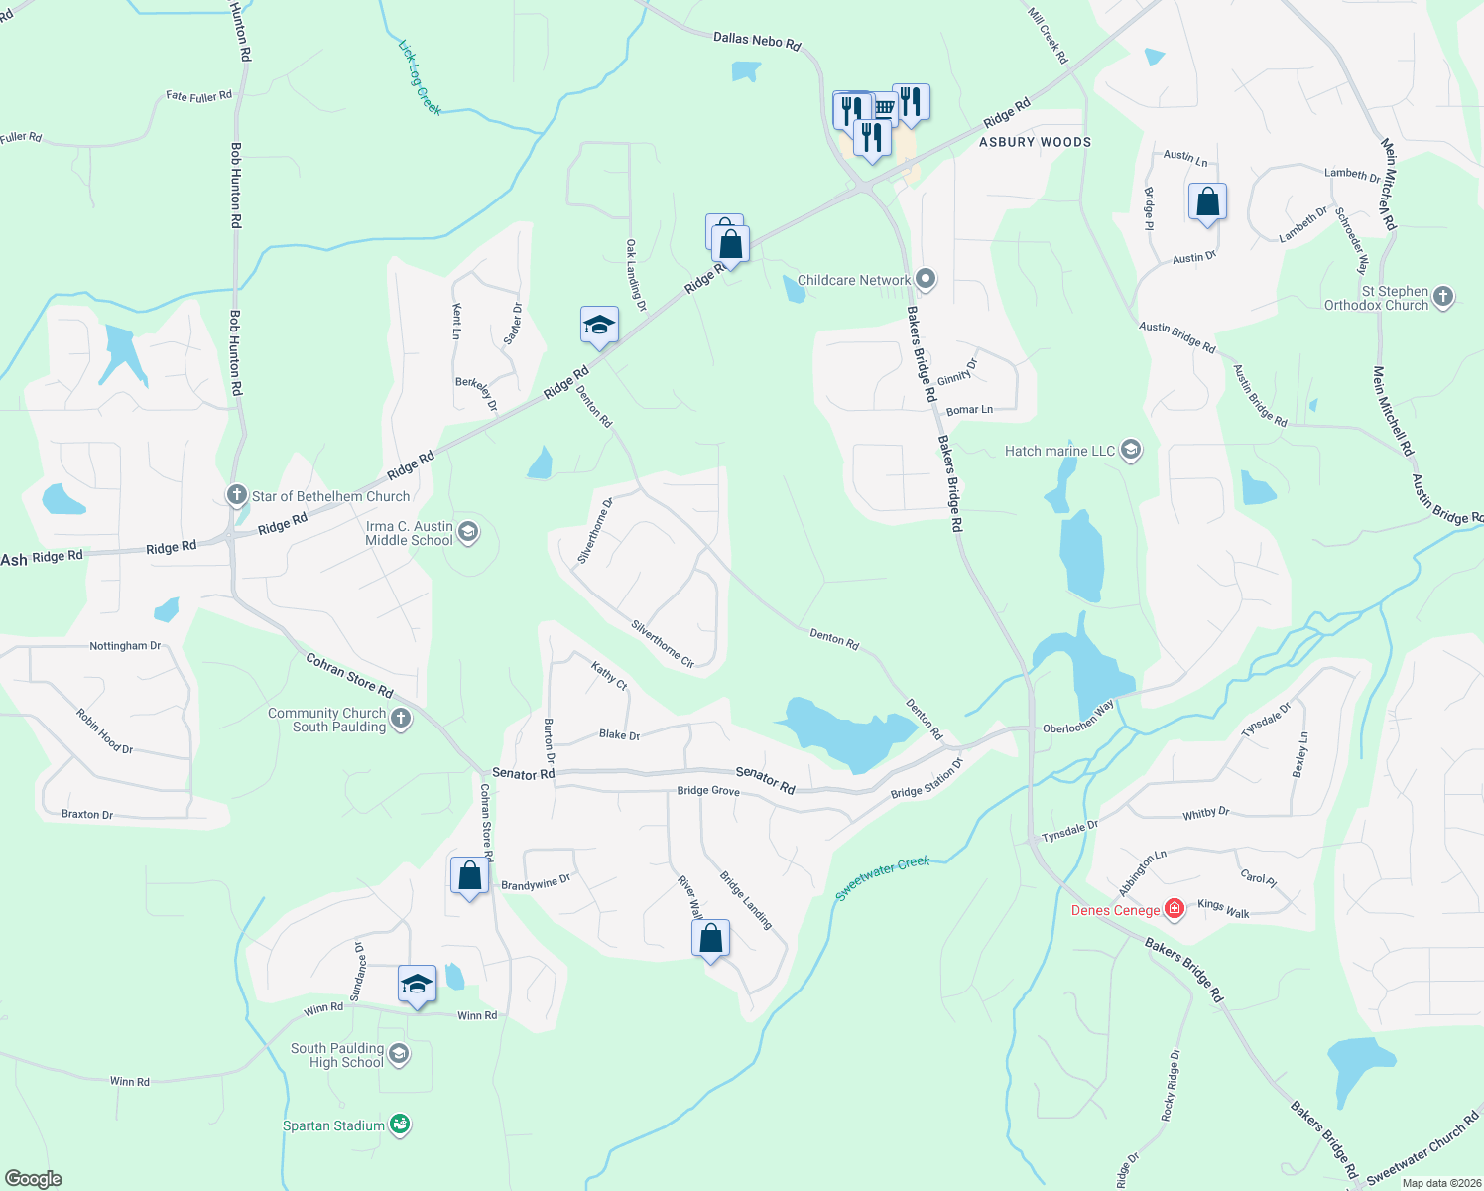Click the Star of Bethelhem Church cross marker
click(236, 494)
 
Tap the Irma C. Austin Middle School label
click(409, 534)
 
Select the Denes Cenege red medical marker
click(1174, 909)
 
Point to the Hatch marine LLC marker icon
click(1130, 451)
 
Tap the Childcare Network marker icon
click(926, 279)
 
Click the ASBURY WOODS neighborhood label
click(1035, 142)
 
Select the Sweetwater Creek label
click(883, 877)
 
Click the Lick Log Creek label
click(420, 77)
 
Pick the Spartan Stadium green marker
click(400, 1125)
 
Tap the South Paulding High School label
click(337, 1055)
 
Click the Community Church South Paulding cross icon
click(401, 719)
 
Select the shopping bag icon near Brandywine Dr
click(469, 876)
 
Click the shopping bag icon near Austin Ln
click(1207, 202)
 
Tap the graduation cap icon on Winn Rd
click(417, 985)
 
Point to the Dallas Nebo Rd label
click(757, 41)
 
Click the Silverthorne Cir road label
click(663, 644)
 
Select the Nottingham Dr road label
click(125, 646)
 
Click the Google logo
click(34, 1178)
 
